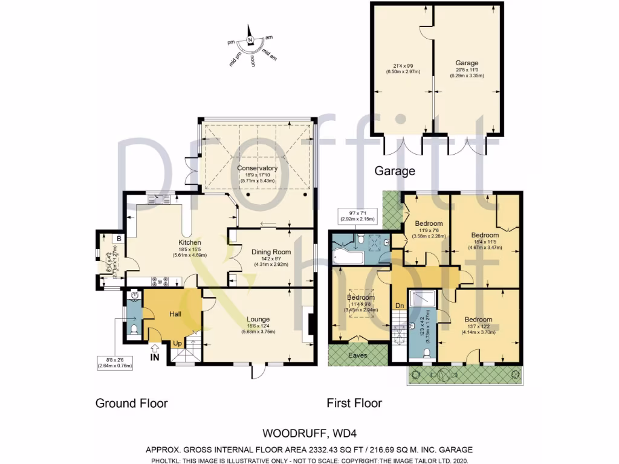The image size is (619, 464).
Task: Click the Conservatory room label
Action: coord(257,168)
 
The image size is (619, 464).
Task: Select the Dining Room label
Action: coord(271,252)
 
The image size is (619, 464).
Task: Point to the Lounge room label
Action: coord(258,319)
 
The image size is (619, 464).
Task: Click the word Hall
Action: coord(175,314)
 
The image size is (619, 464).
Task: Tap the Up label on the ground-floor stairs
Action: coord(178,343)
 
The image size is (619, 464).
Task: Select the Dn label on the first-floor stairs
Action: coord(400,306)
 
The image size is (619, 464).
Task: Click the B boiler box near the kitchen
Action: coord(119,239)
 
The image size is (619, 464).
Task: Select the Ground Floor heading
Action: coord(131,403)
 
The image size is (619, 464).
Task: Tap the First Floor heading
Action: coord(354,403)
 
